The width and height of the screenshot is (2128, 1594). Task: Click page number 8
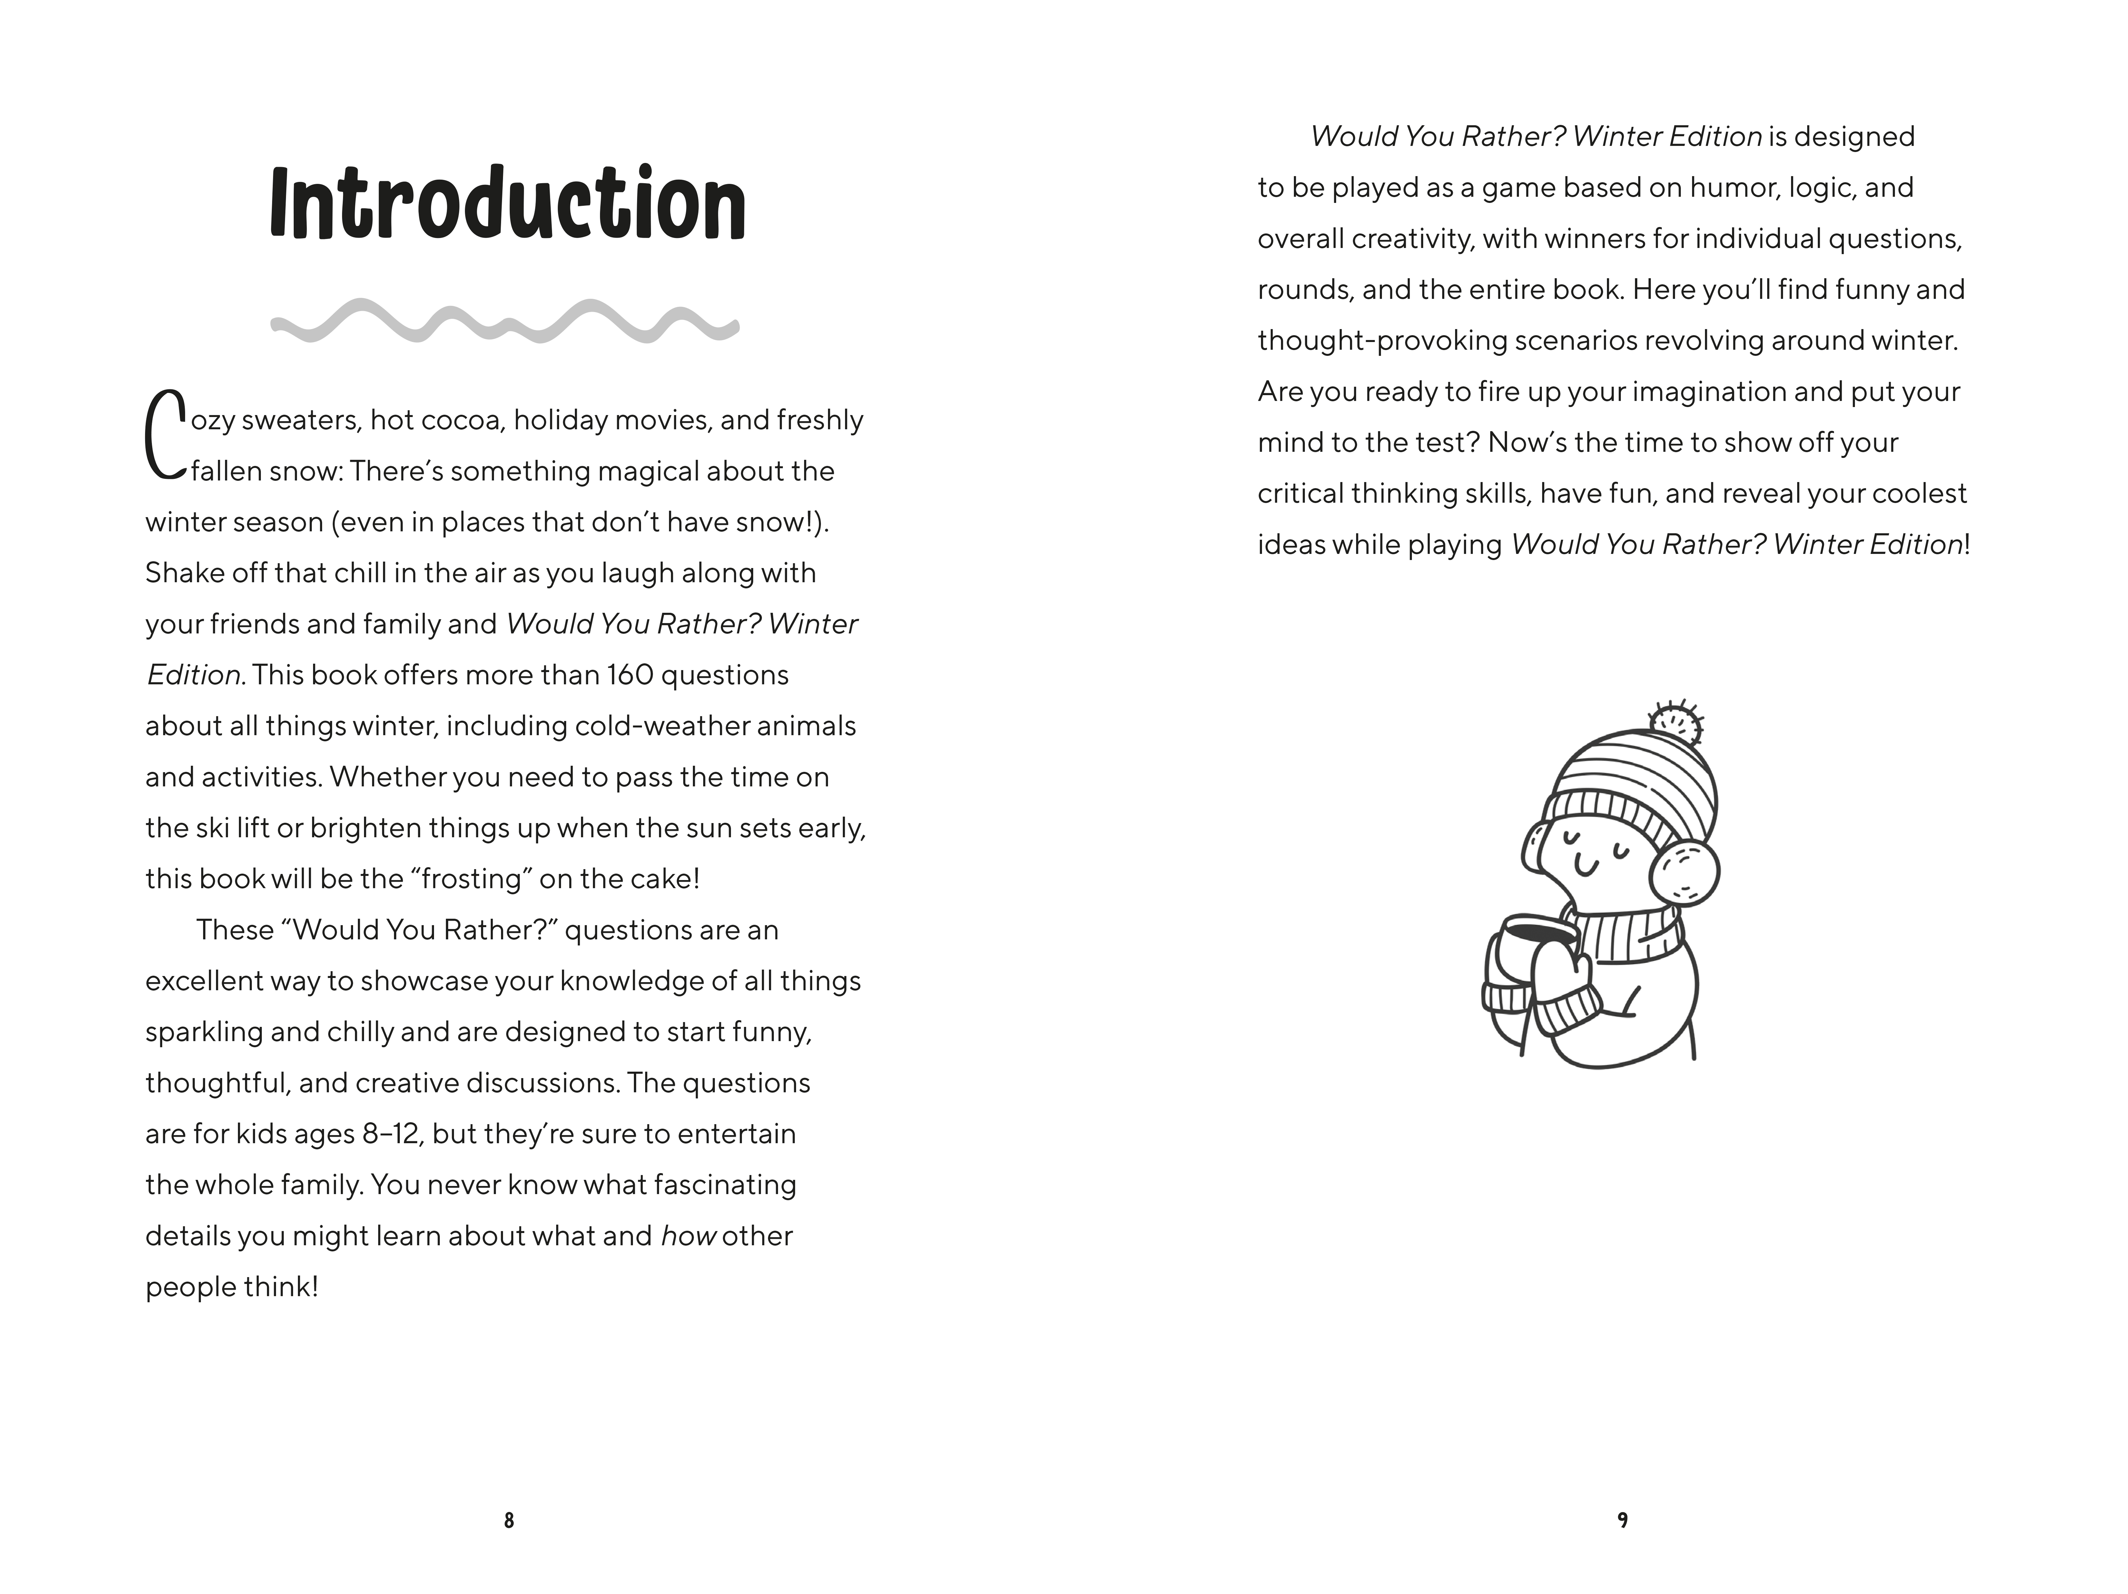point(509,1520)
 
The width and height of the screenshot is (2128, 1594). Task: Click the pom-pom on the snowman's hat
point(1675,724)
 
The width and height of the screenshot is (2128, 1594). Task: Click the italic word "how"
point(688,1236)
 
